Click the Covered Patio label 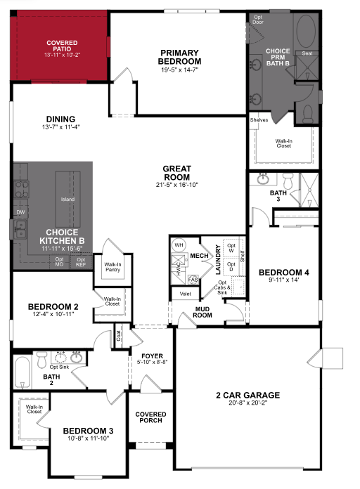[62, 46]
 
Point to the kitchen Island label [67, 200]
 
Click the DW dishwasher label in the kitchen [20, 211]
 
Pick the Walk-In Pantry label [113, 266]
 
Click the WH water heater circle [179, 244]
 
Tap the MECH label [200, 256]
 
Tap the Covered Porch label [150, 417]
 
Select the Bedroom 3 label [88, 433]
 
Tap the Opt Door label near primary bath [259, 19]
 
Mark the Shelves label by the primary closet [259, 120]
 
